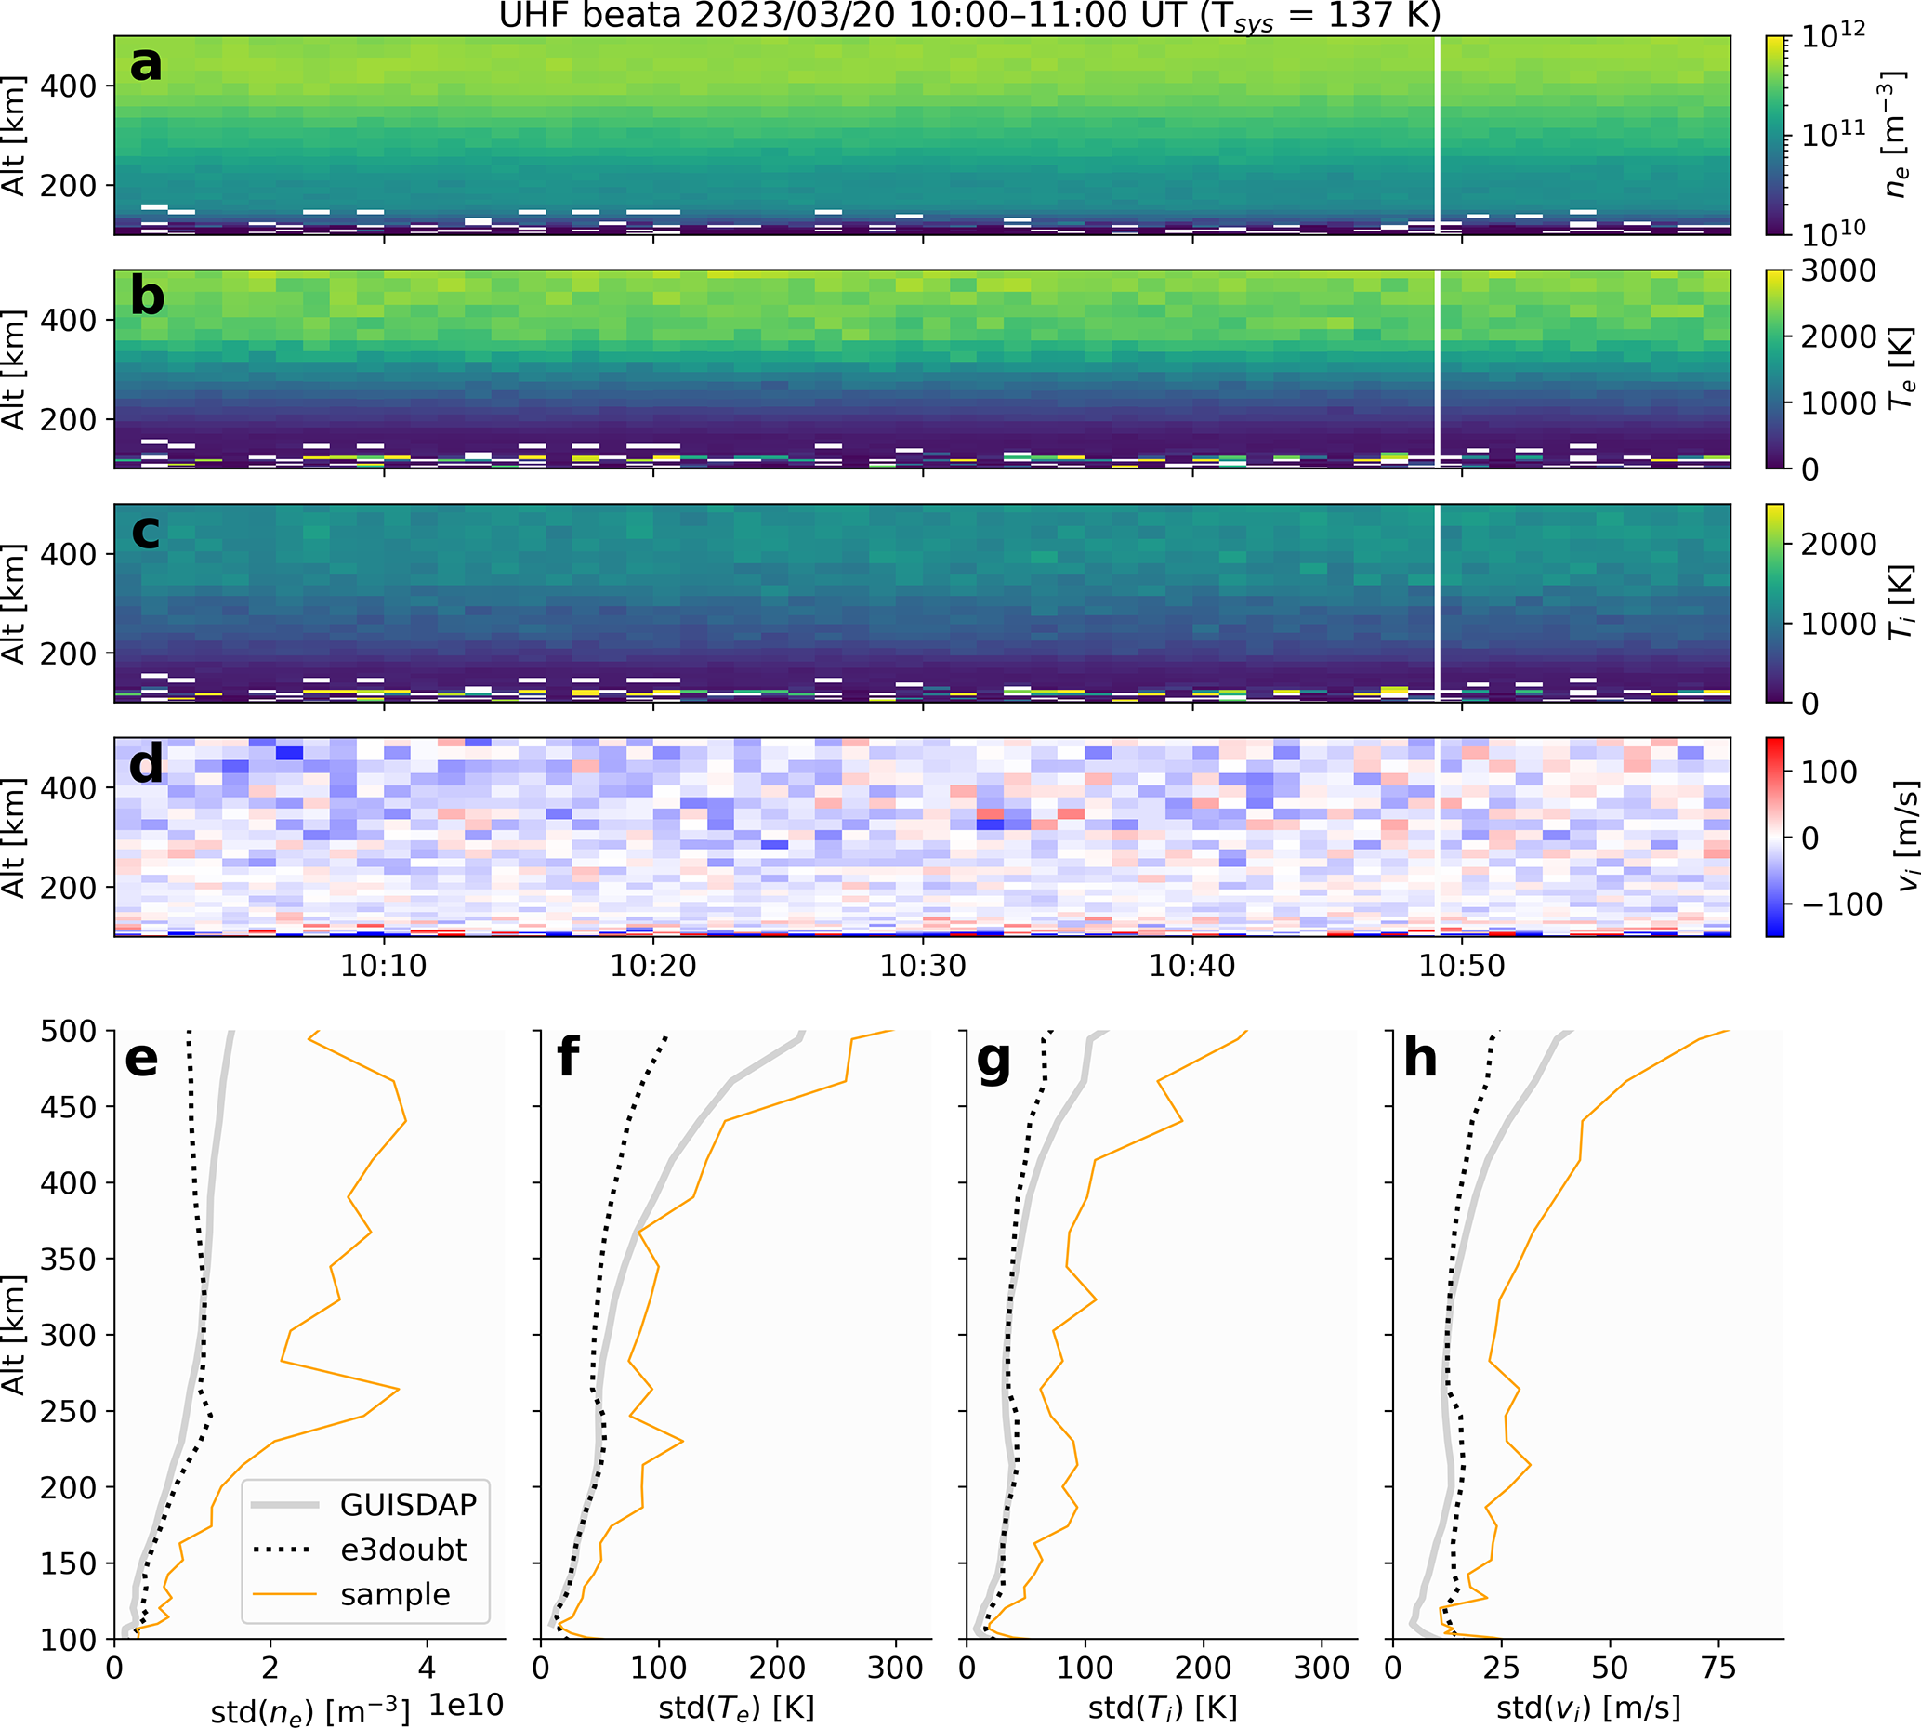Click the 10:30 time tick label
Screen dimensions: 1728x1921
(x=923, y=966)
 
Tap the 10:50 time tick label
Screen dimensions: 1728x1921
(x=1462, y=966)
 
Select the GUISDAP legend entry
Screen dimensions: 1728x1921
(x=408, y=1505)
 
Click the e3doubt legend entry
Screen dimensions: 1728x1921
(x=403, y=1550)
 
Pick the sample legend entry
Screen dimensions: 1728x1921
(x=395, y=1594)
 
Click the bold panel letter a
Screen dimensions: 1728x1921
(x=146, y=64)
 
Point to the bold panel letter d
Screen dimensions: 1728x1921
(x=146, y=765)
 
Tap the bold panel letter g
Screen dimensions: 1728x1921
(x=993, y=1059)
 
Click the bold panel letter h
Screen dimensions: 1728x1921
(x=1420, y=1059)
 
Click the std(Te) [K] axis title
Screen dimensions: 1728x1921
(x=735, y=1708)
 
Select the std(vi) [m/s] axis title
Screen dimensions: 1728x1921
(x=1588, y=1708)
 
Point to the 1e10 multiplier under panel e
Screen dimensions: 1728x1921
(x=465, y=1704)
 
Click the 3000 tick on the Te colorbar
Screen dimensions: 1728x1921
(x=1837, y=271)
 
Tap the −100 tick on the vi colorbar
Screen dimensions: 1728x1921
(x=1841, y=904)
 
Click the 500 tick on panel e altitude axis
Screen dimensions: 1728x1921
(x=68, y=1031)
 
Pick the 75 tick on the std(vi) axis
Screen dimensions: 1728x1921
(x=1718, y=1668)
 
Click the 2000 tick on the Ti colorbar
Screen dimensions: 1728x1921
(x=1837, y=544)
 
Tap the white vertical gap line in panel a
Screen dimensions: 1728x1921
(x=1437, y=133)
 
